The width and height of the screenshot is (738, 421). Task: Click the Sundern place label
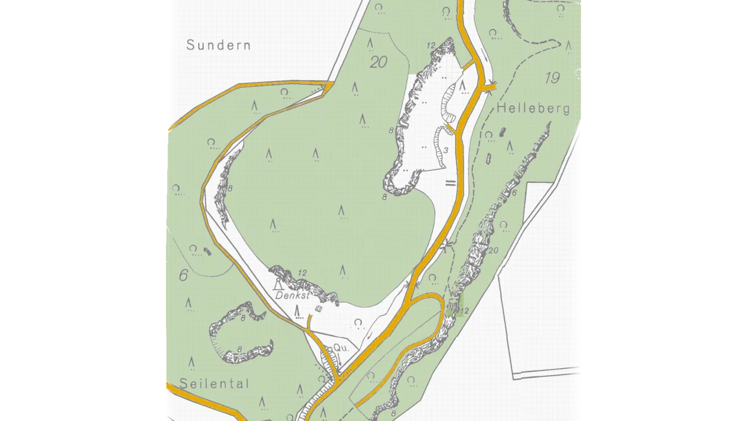(x=219, y=45)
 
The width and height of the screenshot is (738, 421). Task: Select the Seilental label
(x=215, y=383)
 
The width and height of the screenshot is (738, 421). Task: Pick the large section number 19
(x=552, y=78)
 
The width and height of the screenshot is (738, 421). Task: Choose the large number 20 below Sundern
(x=379, y=62)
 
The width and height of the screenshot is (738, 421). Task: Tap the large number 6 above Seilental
(x=183, y=275)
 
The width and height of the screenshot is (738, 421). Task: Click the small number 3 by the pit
(x=445, y=151)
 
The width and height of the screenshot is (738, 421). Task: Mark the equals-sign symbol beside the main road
(x=450, y=183)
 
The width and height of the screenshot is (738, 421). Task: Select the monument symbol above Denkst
(x=279, y=284)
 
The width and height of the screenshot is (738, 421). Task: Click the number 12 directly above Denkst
(x=301, y=273)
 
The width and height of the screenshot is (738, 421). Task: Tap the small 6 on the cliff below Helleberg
(x=514, y=192)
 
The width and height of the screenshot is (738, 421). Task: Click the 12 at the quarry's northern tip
(x=430, y=45)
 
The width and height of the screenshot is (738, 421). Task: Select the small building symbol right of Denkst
(x=318, y=308)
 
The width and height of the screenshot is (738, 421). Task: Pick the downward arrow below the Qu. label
(x=338, y=358)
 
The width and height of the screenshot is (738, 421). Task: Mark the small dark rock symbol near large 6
(x=206, y=251)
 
